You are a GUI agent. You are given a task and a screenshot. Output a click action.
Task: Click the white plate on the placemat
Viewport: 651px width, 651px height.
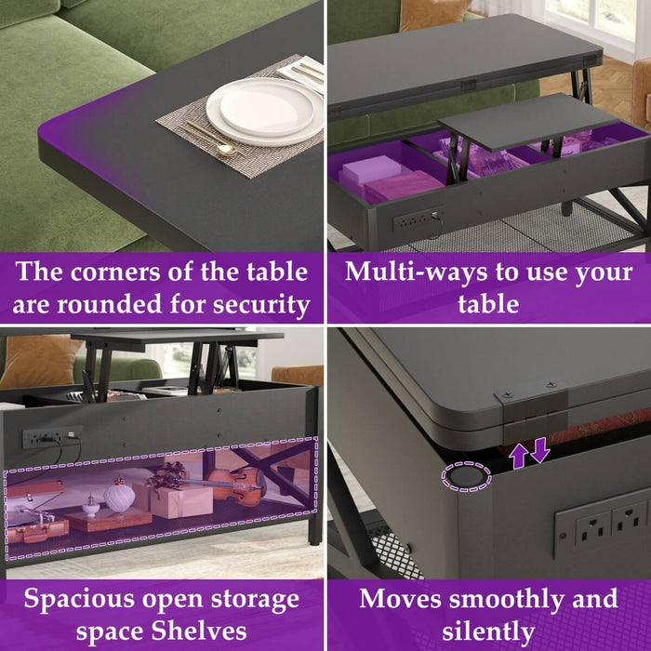pos(250,110)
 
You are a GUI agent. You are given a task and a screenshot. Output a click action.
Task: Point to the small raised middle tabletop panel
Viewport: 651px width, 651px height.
pos(516,119)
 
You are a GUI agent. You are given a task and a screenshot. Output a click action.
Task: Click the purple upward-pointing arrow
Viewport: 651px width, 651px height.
pos(518,454)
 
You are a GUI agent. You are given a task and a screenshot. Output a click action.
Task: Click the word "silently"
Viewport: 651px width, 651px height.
pos(488,630)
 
